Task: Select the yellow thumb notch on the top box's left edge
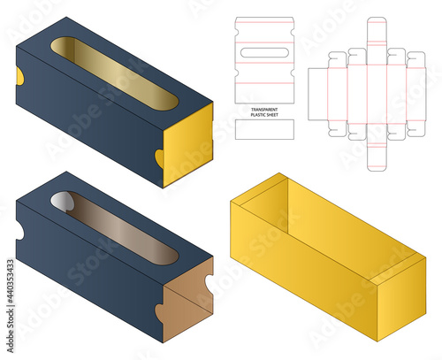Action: [x=19, y=77]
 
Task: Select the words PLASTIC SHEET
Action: [x=263, y=113]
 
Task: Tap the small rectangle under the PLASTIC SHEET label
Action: [x=263, y=129]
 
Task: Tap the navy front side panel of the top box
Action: [x=88, y=124]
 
